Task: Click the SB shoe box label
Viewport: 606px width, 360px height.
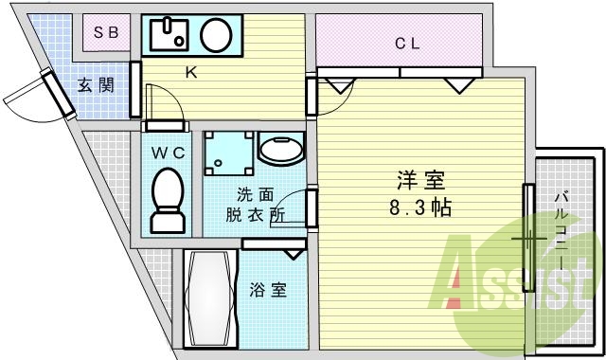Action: (x=106, y=32)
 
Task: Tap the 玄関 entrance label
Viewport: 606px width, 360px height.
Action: (x=95, y=85)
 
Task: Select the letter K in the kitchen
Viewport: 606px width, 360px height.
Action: (x=190, y=73)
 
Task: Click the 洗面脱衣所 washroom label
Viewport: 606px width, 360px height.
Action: (x=255, y=205)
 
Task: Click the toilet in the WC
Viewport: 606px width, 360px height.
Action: (x=168, y=201)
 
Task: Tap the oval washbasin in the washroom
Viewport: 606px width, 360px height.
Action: (x=280, y=150)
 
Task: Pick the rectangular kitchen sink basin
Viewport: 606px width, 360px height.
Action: (x=168, y=36)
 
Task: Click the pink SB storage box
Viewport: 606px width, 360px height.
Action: (x=106, y=32)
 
